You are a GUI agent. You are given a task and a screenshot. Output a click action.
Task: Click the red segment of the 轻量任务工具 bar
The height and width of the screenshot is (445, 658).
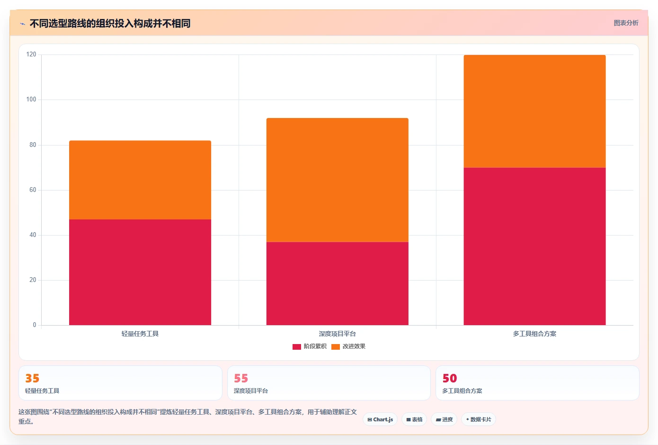140,272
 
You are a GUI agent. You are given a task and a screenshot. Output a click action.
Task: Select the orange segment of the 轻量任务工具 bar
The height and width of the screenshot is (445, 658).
140,180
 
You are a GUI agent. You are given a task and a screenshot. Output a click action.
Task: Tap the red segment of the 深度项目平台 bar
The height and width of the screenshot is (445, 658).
337,283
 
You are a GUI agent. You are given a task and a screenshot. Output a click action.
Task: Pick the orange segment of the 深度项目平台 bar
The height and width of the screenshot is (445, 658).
337,180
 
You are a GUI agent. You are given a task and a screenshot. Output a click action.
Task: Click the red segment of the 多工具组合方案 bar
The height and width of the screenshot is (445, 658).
534,246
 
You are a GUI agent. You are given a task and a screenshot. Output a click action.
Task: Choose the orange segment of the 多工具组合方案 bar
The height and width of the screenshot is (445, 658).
534,111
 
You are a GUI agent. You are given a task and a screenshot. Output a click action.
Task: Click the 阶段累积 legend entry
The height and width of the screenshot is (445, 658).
309,346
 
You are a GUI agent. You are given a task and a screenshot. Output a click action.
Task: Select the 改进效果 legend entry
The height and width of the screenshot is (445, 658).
348,346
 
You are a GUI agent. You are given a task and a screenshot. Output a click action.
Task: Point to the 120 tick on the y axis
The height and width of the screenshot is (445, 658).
31,54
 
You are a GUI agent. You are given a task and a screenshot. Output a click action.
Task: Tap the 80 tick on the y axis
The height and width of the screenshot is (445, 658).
33,145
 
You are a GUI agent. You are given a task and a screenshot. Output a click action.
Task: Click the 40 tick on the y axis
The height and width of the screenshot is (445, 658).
33,235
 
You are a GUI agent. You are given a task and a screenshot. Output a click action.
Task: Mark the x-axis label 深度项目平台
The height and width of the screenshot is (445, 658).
337,334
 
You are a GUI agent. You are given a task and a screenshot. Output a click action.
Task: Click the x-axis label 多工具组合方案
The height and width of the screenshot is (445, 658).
534,334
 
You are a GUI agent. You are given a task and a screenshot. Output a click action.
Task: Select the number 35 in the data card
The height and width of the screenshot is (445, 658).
32,378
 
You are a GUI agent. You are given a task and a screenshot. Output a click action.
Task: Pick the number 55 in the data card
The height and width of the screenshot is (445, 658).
241,378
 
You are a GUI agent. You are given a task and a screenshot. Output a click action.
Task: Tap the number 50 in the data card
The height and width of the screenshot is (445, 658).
450,378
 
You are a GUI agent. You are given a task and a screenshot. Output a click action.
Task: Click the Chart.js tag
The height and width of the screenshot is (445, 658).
380,419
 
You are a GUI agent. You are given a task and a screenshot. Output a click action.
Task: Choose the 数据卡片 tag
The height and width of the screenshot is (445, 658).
479,419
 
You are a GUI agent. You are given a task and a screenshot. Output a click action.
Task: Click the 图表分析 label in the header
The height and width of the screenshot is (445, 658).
626,23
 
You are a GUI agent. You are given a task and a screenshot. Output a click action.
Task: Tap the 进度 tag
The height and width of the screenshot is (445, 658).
444,419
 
